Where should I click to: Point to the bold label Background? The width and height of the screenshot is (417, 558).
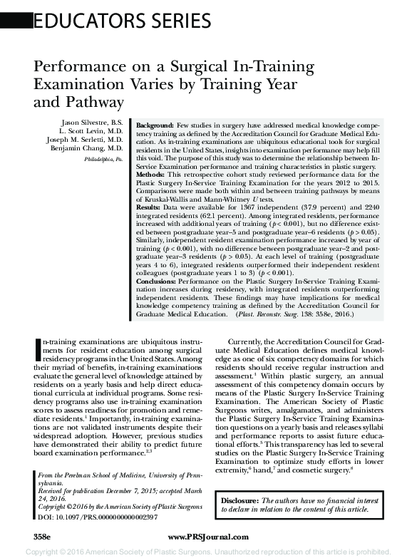pos(154,124)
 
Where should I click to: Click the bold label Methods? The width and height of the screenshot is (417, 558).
pos(150,173)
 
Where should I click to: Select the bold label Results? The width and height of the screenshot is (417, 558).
pos(149,206)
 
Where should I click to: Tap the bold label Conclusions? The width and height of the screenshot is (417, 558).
pos(158,281)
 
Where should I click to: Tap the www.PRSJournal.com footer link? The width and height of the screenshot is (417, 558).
pos(208,537)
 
